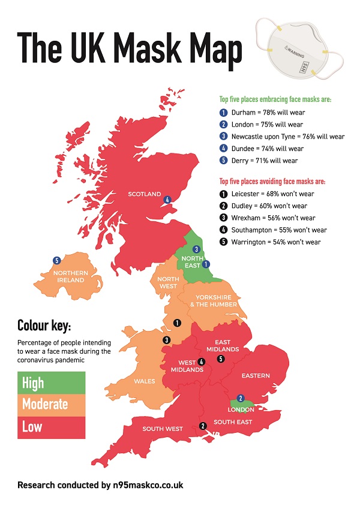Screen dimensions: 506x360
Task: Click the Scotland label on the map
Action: pos(144,194)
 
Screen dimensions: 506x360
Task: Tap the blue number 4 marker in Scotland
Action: pos(167,200)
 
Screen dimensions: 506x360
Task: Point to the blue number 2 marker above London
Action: pos(241,398)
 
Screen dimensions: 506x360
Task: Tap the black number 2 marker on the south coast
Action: pos(203,426)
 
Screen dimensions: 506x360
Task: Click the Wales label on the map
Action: pos(145,381)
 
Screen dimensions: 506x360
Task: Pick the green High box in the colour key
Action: pos(51,382)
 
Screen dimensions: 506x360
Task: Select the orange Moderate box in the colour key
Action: pos(51,405)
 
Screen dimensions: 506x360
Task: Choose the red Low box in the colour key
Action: pos(51,427)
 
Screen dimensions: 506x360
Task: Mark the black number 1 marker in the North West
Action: pos(177,323)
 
